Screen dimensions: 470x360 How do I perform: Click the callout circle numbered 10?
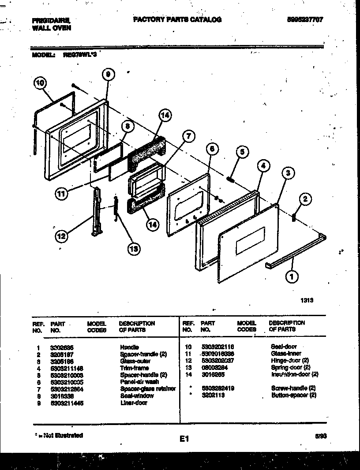point(40,83)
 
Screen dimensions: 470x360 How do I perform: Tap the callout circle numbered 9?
point(109,75)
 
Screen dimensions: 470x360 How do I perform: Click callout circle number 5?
point(241,152)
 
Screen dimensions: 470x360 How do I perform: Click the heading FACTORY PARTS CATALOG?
point(177,19)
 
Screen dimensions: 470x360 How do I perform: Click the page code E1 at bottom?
point(184,439)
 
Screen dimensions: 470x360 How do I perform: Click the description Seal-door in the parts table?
point(284,347)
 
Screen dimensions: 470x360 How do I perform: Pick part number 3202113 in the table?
point(214,395)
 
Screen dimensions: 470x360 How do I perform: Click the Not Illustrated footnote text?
point(59,435)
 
